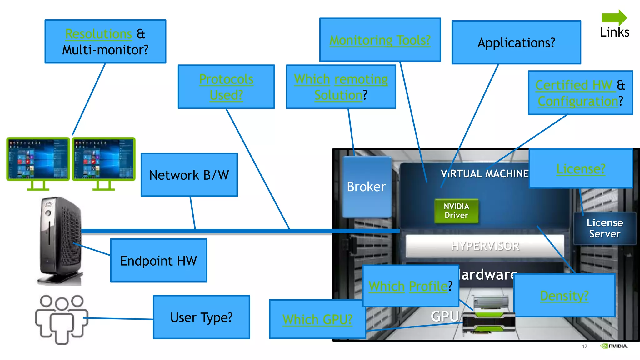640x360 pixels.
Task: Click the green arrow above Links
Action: point(614,17)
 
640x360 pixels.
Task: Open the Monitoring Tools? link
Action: point(380,40)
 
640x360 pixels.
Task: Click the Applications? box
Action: point(516,42)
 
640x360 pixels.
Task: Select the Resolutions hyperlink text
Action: point(98,34)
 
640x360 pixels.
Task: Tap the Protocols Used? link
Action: point(226,87)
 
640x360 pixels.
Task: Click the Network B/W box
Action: point(189,175)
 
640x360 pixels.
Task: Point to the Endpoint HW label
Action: point(158,261)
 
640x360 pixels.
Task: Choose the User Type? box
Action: point(202,317)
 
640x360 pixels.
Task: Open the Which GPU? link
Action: point(317,319)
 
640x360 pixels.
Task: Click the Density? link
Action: point(564,296)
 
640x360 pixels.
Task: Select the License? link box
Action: point(581,169)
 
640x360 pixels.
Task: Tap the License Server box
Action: point(605,228)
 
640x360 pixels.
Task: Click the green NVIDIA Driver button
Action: point(456,211)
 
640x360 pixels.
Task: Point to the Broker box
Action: point(367,187)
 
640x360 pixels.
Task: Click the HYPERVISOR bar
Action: point(485,246)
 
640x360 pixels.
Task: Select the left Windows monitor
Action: point(38,159)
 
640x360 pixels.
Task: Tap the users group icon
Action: point(62,319)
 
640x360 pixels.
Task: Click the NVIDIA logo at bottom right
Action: point(614,346)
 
